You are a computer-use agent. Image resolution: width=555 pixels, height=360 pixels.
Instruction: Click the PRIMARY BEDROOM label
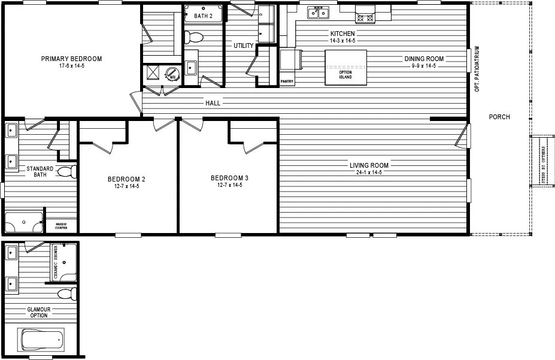71,59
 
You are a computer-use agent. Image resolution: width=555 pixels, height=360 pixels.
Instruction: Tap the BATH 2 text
203,16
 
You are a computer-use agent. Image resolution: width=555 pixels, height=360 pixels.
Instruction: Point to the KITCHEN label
342,34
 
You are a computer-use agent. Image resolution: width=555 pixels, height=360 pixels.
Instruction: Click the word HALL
213,103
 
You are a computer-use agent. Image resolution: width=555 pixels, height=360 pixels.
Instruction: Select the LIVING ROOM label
369,165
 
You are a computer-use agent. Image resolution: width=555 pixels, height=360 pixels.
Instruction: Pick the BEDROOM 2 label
126,179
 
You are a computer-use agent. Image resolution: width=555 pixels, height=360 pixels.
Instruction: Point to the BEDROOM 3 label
229,179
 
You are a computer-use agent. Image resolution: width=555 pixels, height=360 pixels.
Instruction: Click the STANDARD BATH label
40,172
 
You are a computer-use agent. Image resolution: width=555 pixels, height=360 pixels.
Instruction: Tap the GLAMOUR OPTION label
38,313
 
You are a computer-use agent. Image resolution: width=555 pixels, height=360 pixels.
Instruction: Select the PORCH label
499,117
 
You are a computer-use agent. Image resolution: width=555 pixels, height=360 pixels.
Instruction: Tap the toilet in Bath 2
193,37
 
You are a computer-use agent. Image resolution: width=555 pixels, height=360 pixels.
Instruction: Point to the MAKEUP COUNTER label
61,226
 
